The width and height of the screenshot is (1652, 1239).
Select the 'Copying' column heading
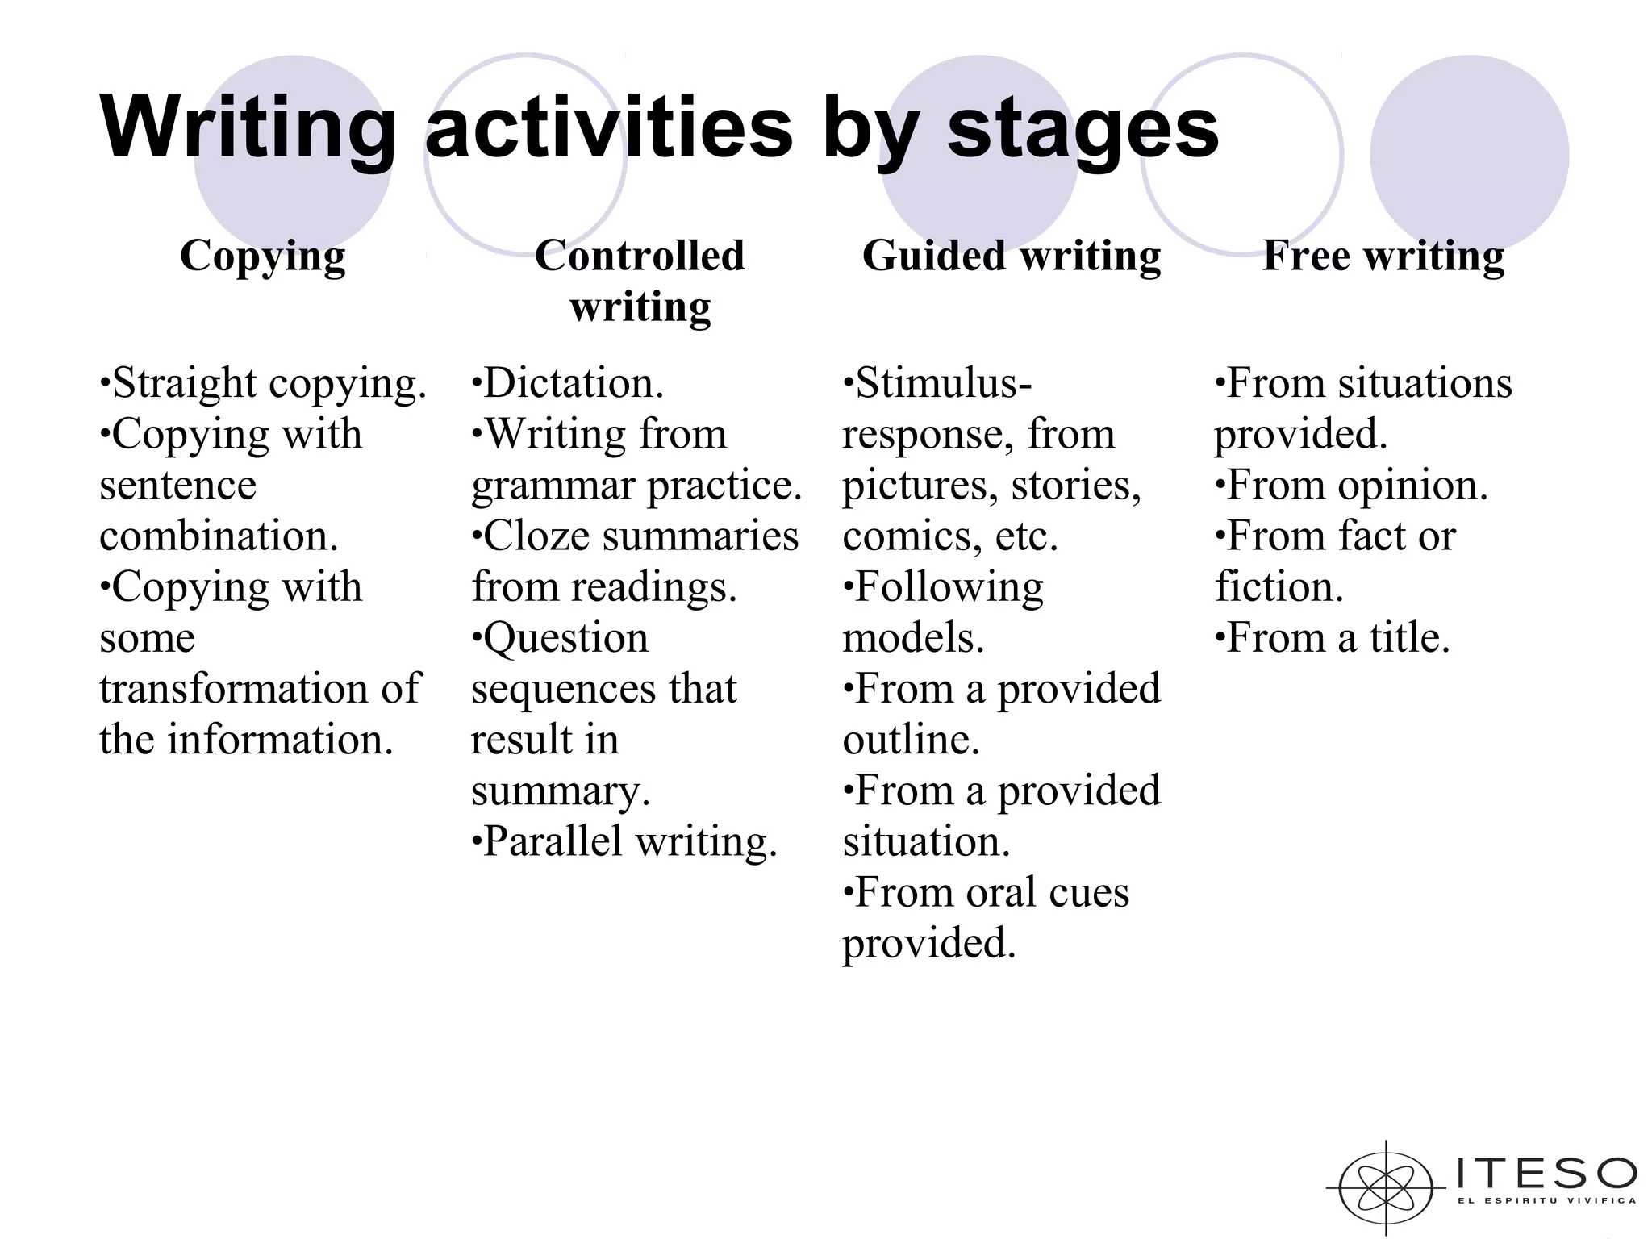click(263, 257)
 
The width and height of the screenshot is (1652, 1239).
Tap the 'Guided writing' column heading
click(1012, 256)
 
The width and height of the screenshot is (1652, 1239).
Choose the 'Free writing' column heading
click(1383, 256)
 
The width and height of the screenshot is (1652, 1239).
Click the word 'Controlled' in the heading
click(640, 256)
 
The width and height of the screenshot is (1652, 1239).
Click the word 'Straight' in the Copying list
click(184, 383)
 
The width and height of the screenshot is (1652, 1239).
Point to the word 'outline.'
click(912, 740)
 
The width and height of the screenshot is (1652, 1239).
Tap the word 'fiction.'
click(1279, 587)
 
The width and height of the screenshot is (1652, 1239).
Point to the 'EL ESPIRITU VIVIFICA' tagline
click(1546, 1201)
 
